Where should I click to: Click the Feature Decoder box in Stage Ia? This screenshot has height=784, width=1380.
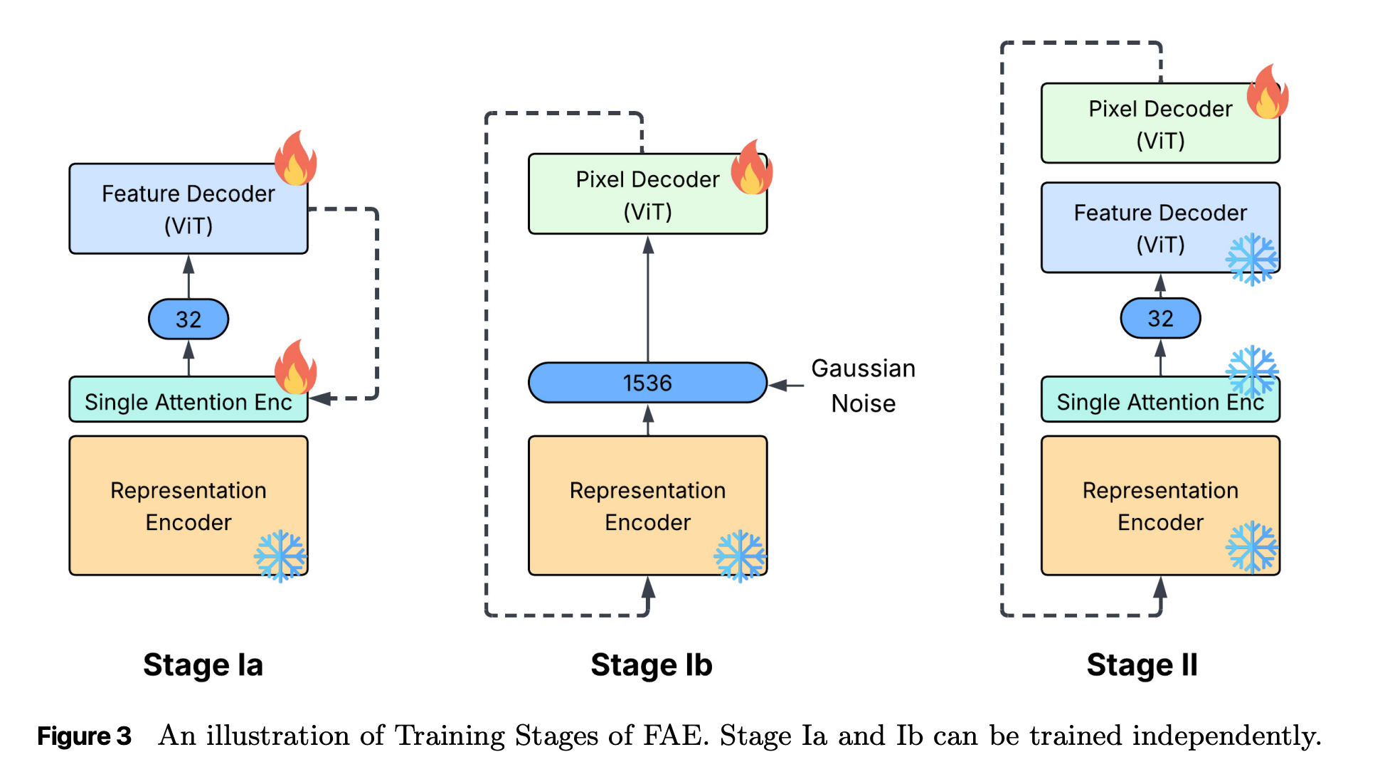[188, 209]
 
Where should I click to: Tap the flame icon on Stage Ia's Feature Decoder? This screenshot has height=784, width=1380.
[296, 158]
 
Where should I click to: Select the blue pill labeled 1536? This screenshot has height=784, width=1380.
[647, 383]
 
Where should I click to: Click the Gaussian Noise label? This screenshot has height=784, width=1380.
[863, 386]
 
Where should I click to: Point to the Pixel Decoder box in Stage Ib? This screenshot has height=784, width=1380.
[647, 194]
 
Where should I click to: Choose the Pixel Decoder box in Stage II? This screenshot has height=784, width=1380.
[1159, 124]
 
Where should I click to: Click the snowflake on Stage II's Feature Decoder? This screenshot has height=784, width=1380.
[1251, 259]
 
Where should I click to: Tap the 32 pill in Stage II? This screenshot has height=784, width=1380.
[1160, 318]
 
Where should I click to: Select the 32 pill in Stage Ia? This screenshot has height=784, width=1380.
[189, 319]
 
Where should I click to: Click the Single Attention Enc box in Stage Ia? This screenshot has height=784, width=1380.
[188, 401]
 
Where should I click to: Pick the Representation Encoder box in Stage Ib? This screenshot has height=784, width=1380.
[647, 505]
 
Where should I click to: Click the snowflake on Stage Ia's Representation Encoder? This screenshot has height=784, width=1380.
[280, 556]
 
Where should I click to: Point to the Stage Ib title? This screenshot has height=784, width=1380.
[651, 664]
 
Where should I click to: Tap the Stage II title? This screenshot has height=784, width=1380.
[1142, 664]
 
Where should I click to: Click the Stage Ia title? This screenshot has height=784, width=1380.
[203, 664]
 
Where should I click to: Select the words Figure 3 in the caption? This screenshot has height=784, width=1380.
[84, 736]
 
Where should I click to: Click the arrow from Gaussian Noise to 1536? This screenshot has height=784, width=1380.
[787, 386]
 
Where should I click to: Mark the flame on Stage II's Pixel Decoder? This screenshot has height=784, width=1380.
[1267, 92]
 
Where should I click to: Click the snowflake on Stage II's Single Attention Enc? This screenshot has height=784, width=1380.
[1252, 371]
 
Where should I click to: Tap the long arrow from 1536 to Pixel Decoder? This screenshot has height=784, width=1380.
[648, 299]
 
